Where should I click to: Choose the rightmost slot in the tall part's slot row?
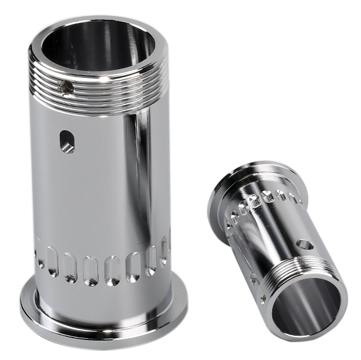(x=165, y=249)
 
